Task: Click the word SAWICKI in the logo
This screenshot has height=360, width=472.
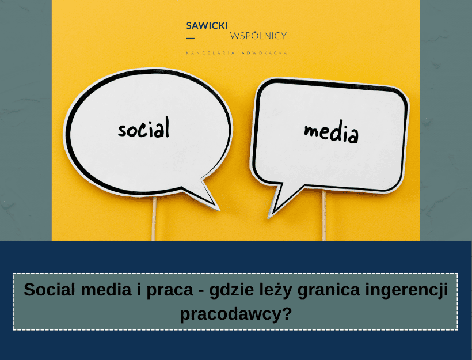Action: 207,25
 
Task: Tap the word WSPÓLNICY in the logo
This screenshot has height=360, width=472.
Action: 258,36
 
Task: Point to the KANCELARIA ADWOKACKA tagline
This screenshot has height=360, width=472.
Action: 237,53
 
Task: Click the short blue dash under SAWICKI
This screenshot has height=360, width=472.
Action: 191,38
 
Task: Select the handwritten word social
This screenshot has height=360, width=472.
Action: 143,128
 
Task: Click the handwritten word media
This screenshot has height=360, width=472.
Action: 331,132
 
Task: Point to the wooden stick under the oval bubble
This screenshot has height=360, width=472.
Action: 154,219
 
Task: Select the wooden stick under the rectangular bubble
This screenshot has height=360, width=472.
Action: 324,215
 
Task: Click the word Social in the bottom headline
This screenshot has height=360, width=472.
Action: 50,290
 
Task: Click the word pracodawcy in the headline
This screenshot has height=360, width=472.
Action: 231,315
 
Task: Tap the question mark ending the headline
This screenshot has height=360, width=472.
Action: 287,313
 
